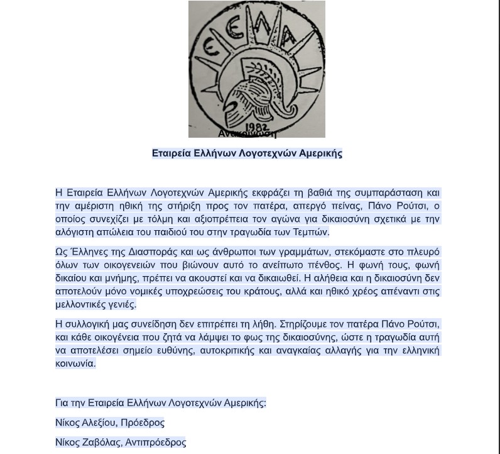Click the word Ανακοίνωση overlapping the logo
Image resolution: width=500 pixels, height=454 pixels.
point(247,133)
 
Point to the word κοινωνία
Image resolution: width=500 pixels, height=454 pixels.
point(75,363)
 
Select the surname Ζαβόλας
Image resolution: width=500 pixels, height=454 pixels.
point(101,442)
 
